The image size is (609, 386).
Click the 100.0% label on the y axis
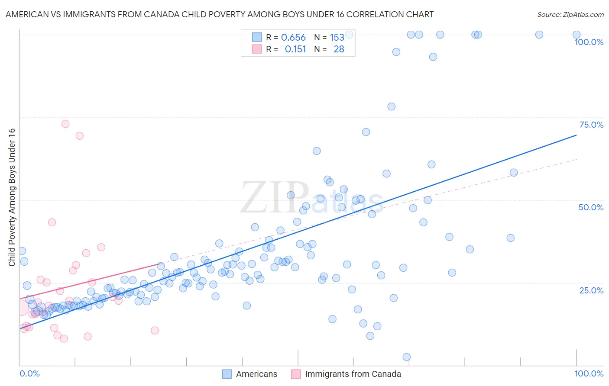[x=589, y=42]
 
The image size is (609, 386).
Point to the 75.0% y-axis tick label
[x=591, y=125]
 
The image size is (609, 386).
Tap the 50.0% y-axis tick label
[x=591, y=207]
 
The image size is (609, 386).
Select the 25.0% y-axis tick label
[x=591, y=290]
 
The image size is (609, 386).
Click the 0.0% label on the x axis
[x=29, y=373]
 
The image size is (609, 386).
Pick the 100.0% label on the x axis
[x=589, y=373]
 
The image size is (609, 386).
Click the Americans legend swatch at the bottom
[x=227, y=374]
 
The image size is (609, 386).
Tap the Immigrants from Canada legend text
[x=353, y=374]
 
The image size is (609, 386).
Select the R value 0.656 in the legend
[x=293, y=38]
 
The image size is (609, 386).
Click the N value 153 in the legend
[x=337, y=38]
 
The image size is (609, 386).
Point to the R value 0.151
[x=295, y=49]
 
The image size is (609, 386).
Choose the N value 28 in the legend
[x=339, y=49]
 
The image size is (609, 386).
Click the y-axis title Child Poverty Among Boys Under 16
[x=12, y=197]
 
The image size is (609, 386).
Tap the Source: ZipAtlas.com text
[x=570, y=15]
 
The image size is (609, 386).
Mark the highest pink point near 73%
[x=65, y=124]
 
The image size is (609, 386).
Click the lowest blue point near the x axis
[x=406, y=357]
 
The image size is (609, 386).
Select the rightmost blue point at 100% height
[x=577, y=35]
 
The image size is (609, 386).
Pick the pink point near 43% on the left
[x=52, y=222]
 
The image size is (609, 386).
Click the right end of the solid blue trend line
[x=577, y=135]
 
